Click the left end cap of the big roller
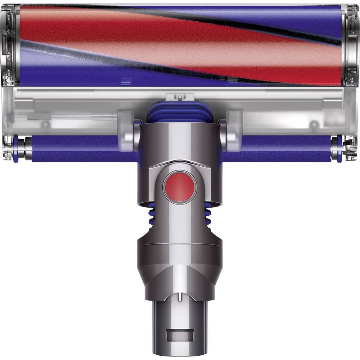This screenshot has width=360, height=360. pos(10,45)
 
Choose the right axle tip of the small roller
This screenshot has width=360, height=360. pos(339,148)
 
